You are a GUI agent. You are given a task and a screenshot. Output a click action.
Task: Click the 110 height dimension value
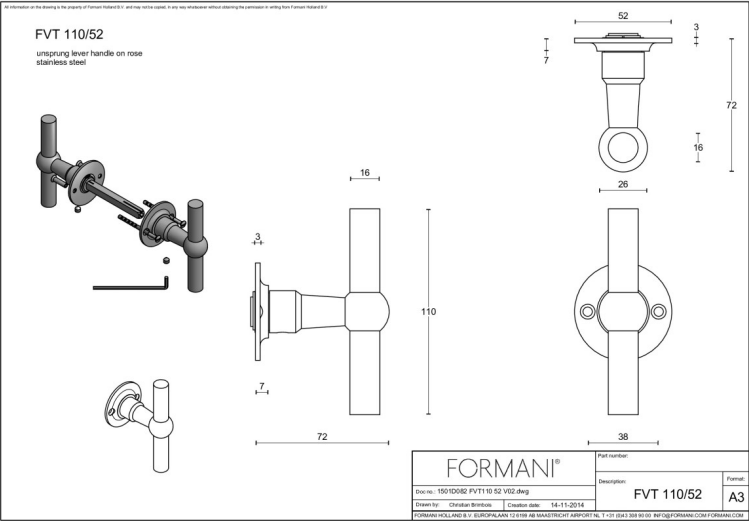coord(429,312)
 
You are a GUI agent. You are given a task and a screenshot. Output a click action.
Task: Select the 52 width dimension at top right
coord(623,15)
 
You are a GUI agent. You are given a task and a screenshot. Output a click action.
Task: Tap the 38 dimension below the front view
coord(623,437)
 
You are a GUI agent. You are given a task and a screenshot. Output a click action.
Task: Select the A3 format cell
coord(736,497)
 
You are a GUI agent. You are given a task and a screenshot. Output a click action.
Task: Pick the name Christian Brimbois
coord(465,506)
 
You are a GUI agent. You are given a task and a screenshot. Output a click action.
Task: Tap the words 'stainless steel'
coord(61,62)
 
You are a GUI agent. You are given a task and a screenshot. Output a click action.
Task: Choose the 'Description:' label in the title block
coord(612,481)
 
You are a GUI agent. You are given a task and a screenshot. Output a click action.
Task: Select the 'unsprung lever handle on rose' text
coord(89,52)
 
